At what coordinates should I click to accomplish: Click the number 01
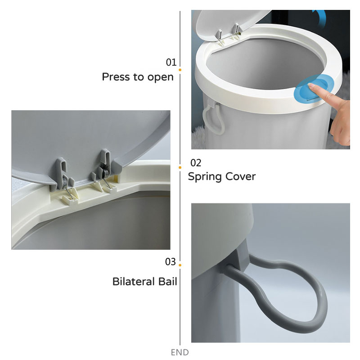[x=171, y=63]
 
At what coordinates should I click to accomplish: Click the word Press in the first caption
[x=116, y=76]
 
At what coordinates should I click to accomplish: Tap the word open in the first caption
[x=160, y=77]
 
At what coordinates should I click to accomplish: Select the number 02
[x=196, y=163]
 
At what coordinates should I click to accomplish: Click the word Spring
[x=205, y=177]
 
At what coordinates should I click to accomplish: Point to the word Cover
[x=240, y=176]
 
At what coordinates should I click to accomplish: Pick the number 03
[x=171, y=262]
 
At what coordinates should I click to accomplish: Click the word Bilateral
[x=133, y=282]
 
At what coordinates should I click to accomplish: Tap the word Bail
[x=167, y=282]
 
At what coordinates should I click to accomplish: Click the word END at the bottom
[x=180, y=352]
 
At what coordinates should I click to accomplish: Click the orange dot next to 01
[x=180, y=70]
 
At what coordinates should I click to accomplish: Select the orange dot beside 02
[x=180, y=167]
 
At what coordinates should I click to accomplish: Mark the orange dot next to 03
[x=180, y=265]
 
